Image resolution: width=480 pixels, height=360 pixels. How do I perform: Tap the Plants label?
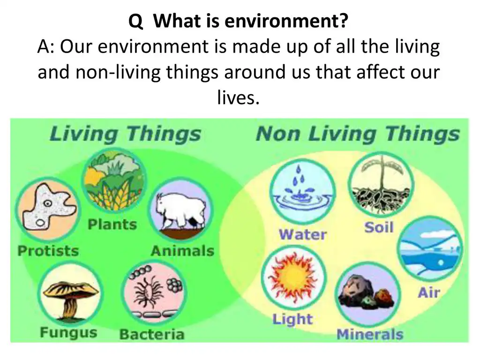click(112, 225)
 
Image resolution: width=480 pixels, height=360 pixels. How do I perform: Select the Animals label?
click(182, 251)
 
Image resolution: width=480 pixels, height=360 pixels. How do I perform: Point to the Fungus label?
click(68, 333)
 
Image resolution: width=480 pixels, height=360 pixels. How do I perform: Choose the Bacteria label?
click(152, 334)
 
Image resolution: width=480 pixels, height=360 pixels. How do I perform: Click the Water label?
click(303, 234)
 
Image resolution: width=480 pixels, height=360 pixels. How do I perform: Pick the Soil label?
click(379, 228)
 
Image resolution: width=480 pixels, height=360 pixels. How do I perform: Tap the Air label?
click(429, 293)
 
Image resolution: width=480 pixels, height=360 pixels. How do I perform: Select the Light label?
click(292, 320)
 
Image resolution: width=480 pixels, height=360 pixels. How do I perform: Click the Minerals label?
click(370, 334)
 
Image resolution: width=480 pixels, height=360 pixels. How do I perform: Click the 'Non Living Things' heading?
click(358, 134)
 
